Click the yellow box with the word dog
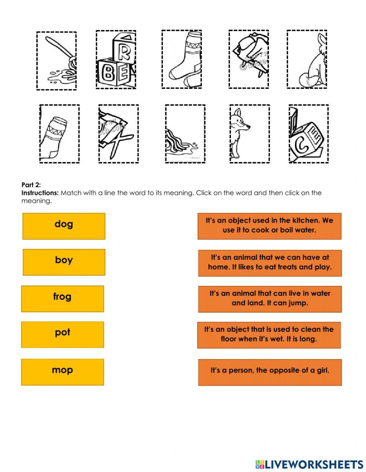(x=64, y=226)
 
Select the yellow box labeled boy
(x=64, y=262)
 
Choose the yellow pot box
(x=62, y=334)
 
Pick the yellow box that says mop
(x=62, y=371)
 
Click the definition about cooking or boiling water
(x=269, y=226)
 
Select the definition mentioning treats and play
(x=270, y=263)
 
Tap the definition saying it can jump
(x=270, y=298)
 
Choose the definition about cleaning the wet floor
(x=269, y=335)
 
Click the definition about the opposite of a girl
(x=270, y=371)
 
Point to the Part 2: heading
(x=31, y=185)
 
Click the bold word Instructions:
(x=40, y=193)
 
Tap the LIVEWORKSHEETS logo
(x=309, y=464)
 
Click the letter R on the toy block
(x=124, y=53)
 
